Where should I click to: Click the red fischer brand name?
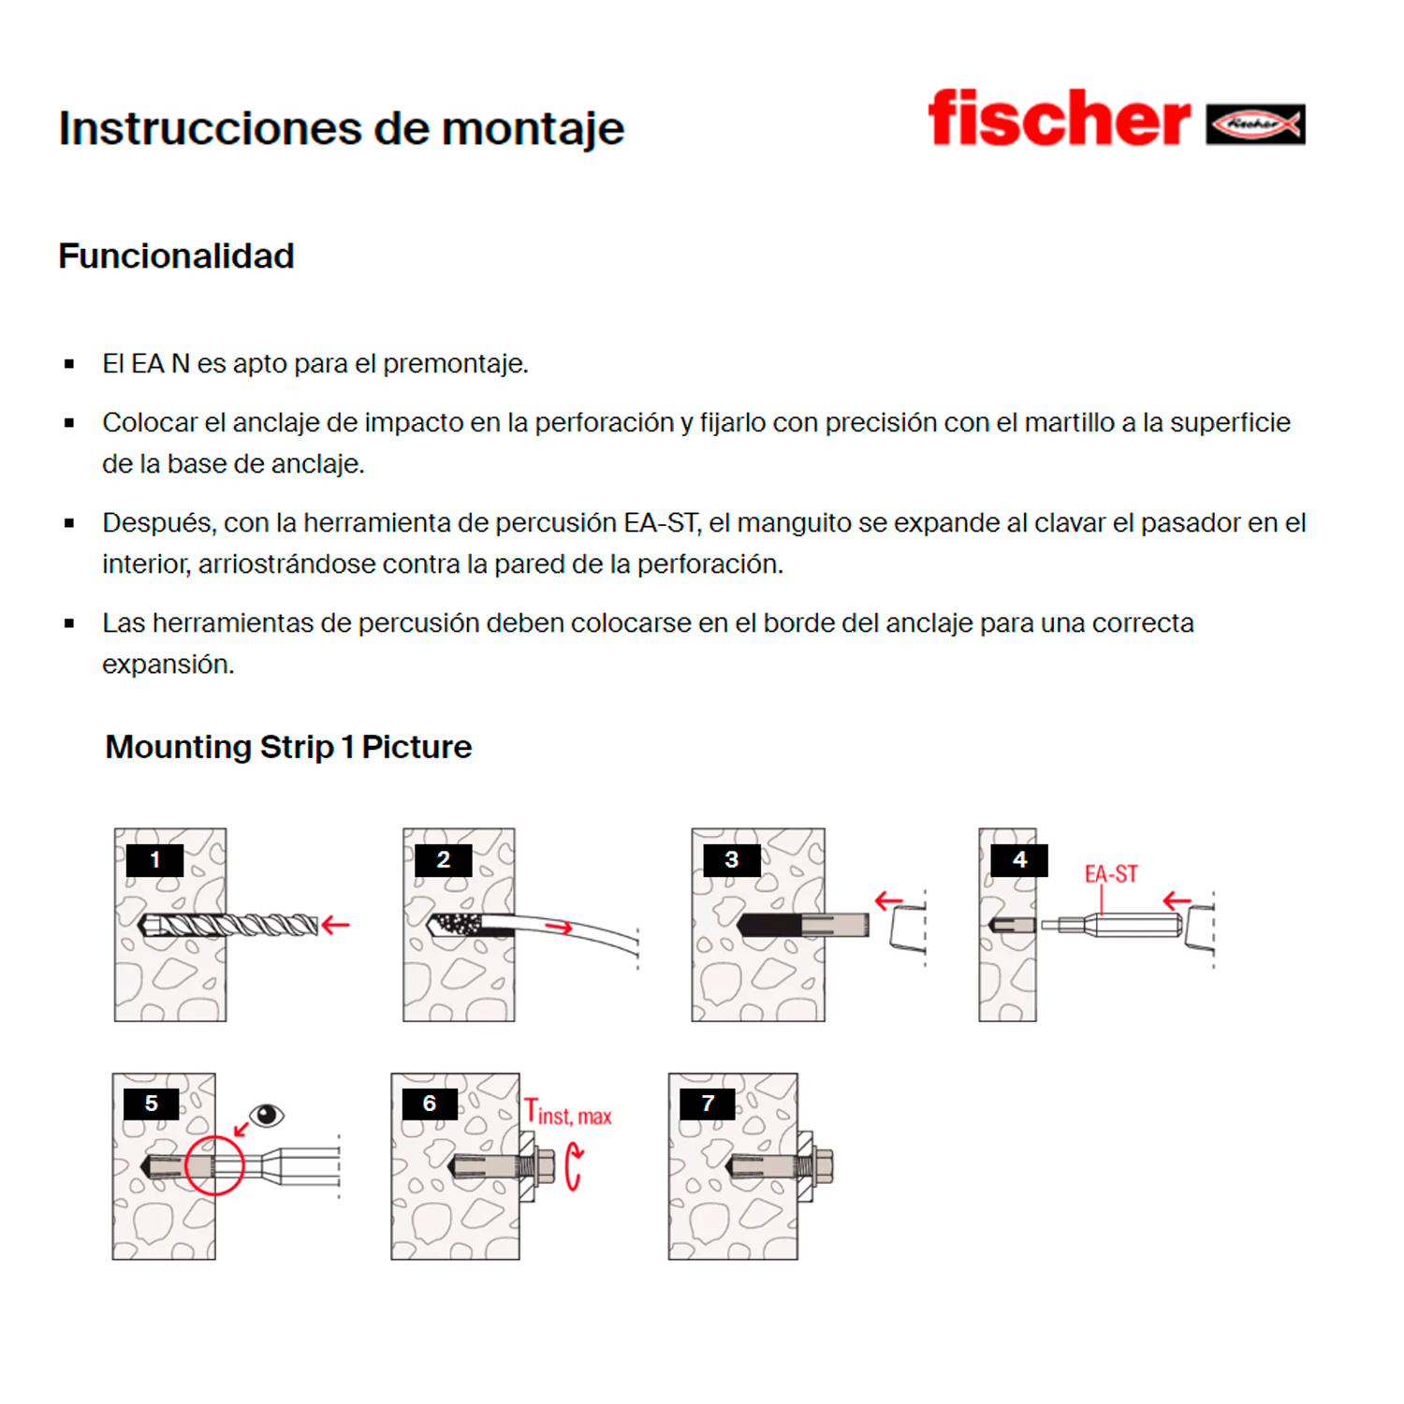coord(1058,119)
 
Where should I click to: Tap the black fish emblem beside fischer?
coord(1255,124)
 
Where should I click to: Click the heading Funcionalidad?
coord(176,256)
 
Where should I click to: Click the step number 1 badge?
coord(154,859)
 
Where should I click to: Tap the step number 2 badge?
coord(443,859)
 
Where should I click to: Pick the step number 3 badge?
coord(731,859)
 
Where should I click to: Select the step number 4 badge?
coord(1019,859)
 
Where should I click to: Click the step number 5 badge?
coord(151,1104)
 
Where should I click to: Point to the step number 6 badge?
coord(429,1104)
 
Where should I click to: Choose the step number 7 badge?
coord(707,1104)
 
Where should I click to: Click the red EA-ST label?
coord(1111,874)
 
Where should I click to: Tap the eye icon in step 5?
coord(267,1114)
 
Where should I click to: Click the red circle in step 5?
coord(214,1165)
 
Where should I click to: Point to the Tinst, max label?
coord(568,1113)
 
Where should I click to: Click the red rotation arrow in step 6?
coord(574,1167)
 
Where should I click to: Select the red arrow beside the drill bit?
coord(335,925)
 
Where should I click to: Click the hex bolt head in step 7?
coord(825,1165)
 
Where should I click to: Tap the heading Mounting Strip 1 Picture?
coord(288,747)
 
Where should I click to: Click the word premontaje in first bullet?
coord(455,363)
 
